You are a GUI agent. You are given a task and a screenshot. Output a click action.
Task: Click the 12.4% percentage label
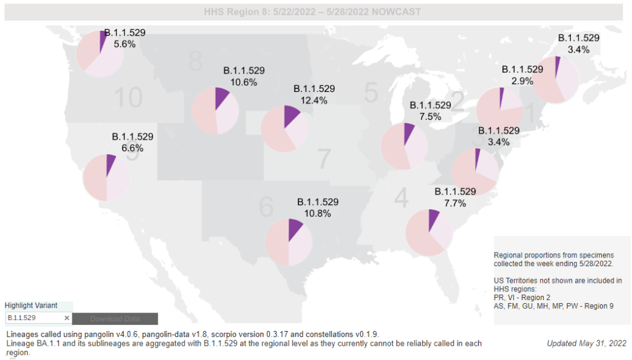[314, 100]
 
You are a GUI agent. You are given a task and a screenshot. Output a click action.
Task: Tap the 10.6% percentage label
[244, 82]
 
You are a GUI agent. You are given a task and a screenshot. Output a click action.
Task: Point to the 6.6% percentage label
[132, 148]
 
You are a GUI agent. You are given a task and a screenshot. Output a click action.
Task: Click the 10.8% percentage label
[318, 214]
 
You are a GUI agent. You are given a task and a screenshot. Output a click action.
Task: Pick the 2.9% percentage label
[522, 81]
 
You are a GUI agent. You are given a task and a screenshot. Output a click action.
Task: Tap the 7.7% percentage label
[455, 203]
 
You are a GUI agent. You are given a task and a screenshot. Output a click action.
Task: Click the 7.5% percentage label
[430, 117]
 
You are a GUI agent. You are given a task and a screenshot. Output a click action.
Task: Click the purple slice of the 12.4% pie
[291, 116]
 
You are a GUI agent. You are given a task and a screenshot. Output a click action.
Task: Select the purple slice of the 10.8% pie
[294, 228]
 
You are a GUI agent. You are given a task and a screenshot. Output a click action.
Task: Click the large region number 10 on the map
[128, 98]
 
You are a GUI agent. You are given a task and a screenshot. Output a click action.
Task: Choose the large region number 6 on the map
[266, 207]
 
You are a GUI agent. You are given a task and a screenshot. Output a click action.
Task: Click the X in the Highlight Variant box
[67, 318]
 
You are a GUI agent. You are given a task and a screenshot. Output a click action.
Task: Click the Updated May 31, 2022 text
[586, 343]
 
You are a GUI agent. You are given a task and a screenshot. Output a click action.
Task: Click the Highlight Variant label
[31, 306]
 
